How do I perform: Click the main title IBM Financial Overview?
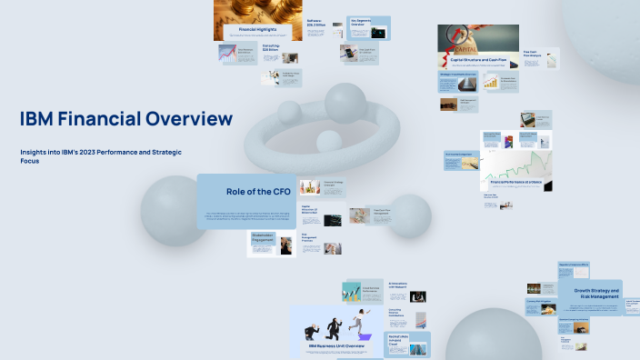coord(125,119)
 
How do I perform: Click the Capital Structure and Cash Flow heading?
coord(486,59)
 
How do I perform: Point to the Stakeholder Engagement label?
coord(263,237)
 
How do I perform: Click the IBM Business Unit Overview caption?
coord(336,346)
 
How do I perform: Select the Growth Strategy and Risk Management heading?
coord(596,294)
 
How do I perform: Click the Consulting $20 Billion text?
coord(271,46)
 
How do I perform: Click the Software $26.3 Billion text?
coord(315,20)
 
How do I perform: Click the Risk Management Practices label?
coord(309,240)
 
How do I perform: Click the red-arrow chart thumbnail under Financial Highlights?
coord(227,55)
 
